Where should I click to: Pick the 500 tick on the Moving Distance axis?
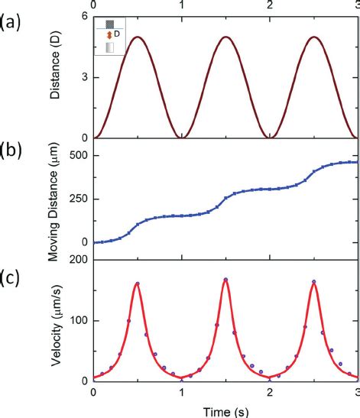[x=74, y=155]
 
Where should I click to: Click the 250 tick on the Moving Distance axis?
[x=74, y=199]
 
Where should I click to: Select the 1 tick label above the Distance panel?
[x=181, y=5]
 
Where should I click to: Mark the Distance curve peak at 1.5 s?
[x=225, y=37]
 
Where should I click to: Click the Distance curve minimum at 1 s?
[x=181, y=138]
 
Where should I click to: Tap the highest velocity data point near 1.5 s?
[x=225, y=280]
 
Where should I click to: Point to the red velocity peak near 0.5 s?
[x=137, y=284]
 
